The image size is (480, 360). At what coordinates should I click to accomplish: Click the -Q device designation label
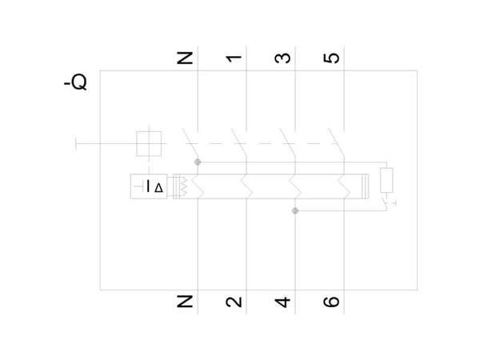click(x=75, y=82)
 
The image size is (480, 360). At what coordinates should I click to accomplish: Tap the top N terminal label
click(x=185, y=58)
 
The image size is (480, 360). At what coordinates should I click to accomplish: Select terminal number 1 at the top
click(x=234, y=58)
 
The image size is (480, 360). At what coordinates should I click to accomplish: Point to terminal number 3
click(x=282, y=58)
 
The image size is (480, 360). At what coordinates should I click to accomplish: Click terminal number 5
click(x=331, y=58)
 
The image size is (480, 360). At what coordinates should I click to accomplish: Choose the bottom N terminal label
click(x=185, y=302)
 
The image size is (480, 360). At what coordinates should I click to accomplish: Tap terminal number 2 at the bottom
click(x=234, y=302)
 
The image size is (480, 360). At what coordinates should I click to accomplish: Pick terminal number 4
click(x=282, y=302)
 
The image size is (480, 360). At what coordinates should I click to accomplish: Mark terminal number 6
click(x=331, y=302)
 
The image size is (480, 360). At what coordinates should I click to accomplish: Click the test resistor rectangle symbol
click(x=386, y=180)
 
